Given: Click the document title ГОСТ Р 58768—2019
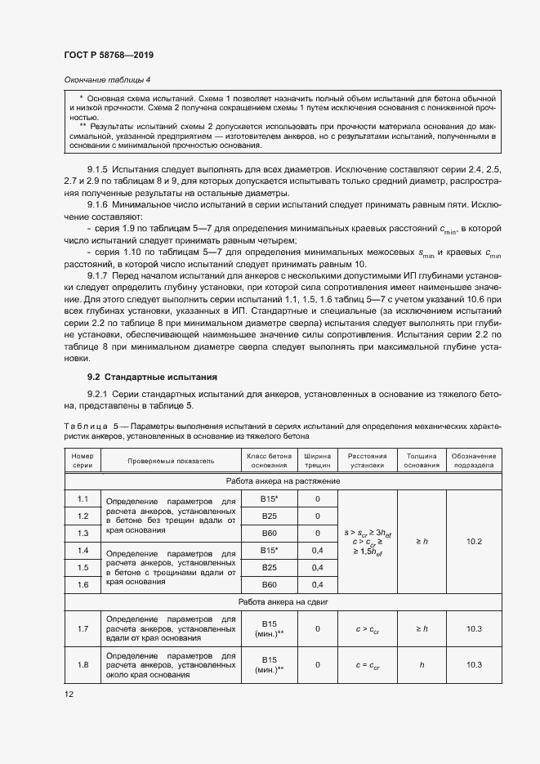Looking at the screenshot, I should [x=109, y=55].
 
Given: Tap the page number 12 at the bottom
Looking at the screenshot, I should [x=69, y=694].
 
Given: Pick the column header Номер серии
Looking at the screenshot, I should [x=83, y=460].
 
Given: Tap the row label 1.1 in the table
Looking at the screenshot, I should [x=83, y=498].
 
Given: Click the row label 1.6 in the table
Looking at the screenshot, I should [x=83, y=585].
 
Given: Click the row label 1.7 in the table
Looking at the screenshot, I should [x=83, y=628].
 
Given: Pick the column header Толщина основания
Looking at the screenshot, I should [x=421, y=460].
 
